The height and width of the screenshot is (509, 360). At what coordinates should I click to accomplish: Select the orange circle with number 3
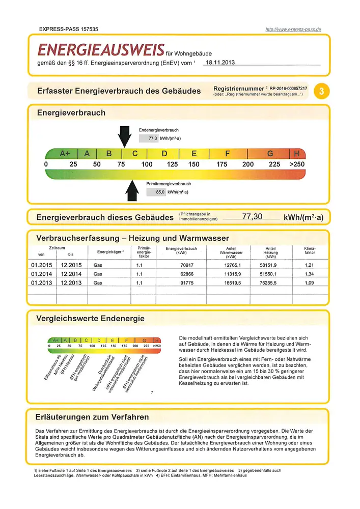click(x=322, y=91)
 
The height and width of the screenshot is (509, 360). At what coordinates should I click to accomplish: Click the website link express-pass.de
click(x=293, y=30)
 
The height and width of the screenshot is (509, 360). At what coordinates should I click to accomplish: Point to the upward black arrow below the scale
click(x=132, y=190)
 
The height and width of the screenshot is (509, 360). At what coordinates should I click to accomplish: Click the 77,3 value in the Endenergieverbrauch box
click(x=153, y=138)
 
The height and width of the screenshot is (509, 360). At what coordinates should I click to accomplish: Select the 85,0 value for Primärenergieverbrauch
click(x=160, y=192)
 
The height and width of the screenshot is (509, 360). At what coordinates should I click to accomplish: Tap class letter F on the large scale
click(x=228, y=154)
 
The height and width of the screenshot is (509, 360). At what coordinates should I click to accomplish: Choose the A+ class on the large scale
click(x=65, y=154)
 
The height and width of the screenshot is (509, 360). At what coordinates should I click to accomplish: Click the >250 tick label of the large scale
click(x=297, y=164)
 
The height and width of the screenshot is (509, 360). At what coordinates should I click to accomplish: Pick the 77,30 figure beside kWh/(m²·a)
click(x=252, y=217)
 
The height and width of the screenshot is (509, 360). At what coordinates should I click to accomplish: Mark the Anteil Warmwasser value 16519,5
click(x=232, y=282)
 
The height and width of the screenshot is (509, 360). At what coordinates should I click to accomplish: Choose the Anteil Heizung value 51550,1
click(x=270, y=274)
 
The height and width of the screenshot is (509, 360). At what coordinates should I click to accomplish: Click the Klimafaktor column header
click(x=310, y=250)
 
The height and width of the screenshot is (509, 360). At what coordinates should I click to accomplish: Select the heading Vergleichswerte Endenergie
click(x=91, y=319)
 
